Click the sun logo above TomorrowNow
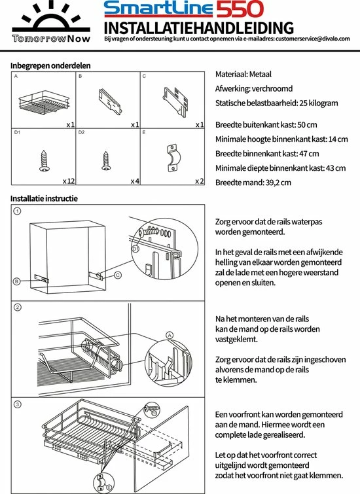click(x=51, y=17)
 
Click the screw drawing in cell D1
click(x=44, y=161)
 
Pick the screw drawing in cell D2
click(x=106, y=161)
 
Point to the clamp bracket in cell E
click(x=171, y=158)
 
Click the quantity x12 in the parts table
click(x=69, y=181)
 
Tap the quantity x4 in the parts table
click(x=135, y=181)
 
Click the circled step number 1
click(x=18, y=211)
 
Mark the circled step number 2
click(x=18, y=307)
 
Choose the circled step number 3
click(x=18, y=404)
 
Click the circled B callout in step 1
click(x=17, y=281)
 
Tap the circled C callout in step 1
click(x=118, y=275)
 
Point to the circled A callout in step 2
click(x=170, y=335)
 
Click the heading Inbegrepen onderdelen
click(x=50, y=65)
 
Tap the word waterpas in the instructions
click(x=307, y=222)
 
